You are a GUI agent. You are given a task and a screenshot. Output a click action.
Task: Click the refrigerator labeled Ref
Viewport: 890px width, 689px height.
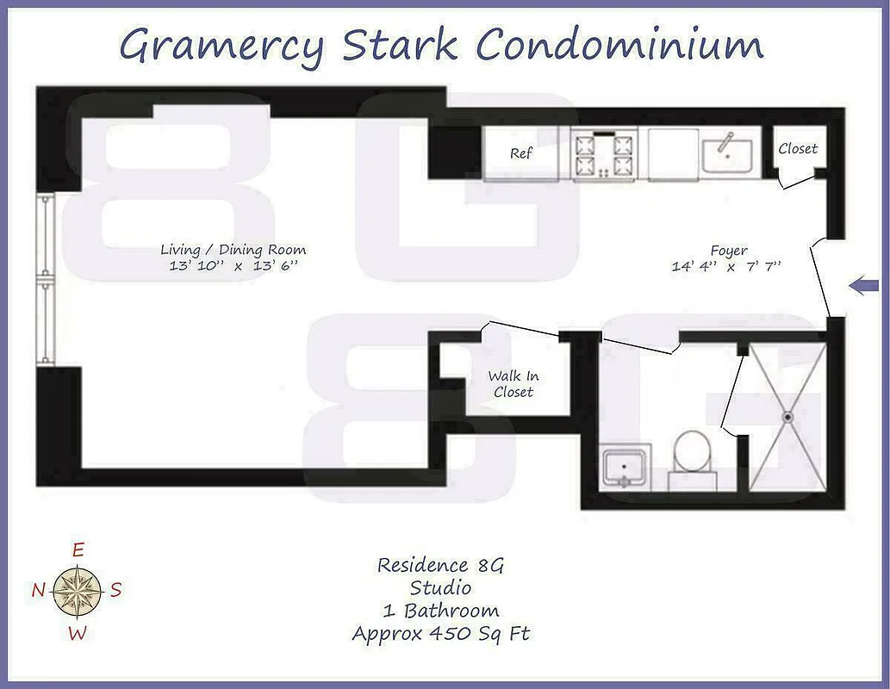pos(520,154)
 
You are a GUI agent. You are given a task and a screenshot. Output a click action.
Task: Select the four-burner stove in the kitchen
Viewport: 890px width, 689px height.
pos(603,155)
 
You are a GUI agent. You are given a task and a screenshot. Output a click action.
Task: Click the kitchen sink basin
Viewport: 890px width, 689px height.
pos(727,156)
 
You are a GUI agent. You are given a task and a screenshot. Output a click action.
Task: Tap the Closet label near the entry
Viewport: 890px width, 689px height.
pos(798,148)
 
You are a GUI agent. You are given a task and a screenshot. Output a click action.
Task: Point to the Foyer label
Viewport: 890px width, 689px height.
pos(729,251)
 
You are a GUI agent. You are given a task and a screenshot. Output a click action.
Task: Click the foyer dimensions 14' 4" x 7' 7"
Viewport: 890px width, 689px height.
pos(726,266)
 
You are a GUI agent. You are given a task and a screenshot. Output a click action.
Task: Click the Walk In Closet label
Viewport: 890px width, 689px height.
pos(513,383)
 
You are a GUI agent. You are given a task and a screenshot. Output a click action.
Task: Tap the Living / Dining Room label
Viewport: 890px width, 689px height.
pos(233,250)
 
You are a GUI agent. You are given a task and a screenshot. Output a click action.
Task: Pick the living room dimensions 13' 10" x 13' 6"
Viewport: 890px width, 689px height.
pos(233,266)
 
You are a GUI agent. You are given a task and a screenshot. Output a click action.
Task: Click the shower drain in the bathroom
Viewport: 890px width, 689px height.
pos(787,417)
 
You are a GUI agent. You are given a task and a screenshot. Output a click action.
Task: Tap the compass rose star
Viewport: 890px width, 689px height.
pos(78,590)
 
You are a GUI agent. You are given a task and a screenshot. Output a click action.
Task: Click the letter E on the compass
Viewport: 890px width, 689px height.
pos(78,549)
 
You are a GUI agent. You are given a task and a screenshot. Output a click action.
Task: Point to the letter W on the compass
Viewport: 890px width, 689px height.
pos(78,634)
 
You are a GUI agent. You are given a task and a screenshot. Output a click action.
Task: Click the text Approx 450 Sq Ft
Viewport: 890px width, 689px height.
pos(440,634)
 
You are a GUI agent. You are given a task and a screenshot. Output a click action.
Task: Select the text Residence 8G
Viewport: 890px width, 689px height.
pos(440,565)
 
